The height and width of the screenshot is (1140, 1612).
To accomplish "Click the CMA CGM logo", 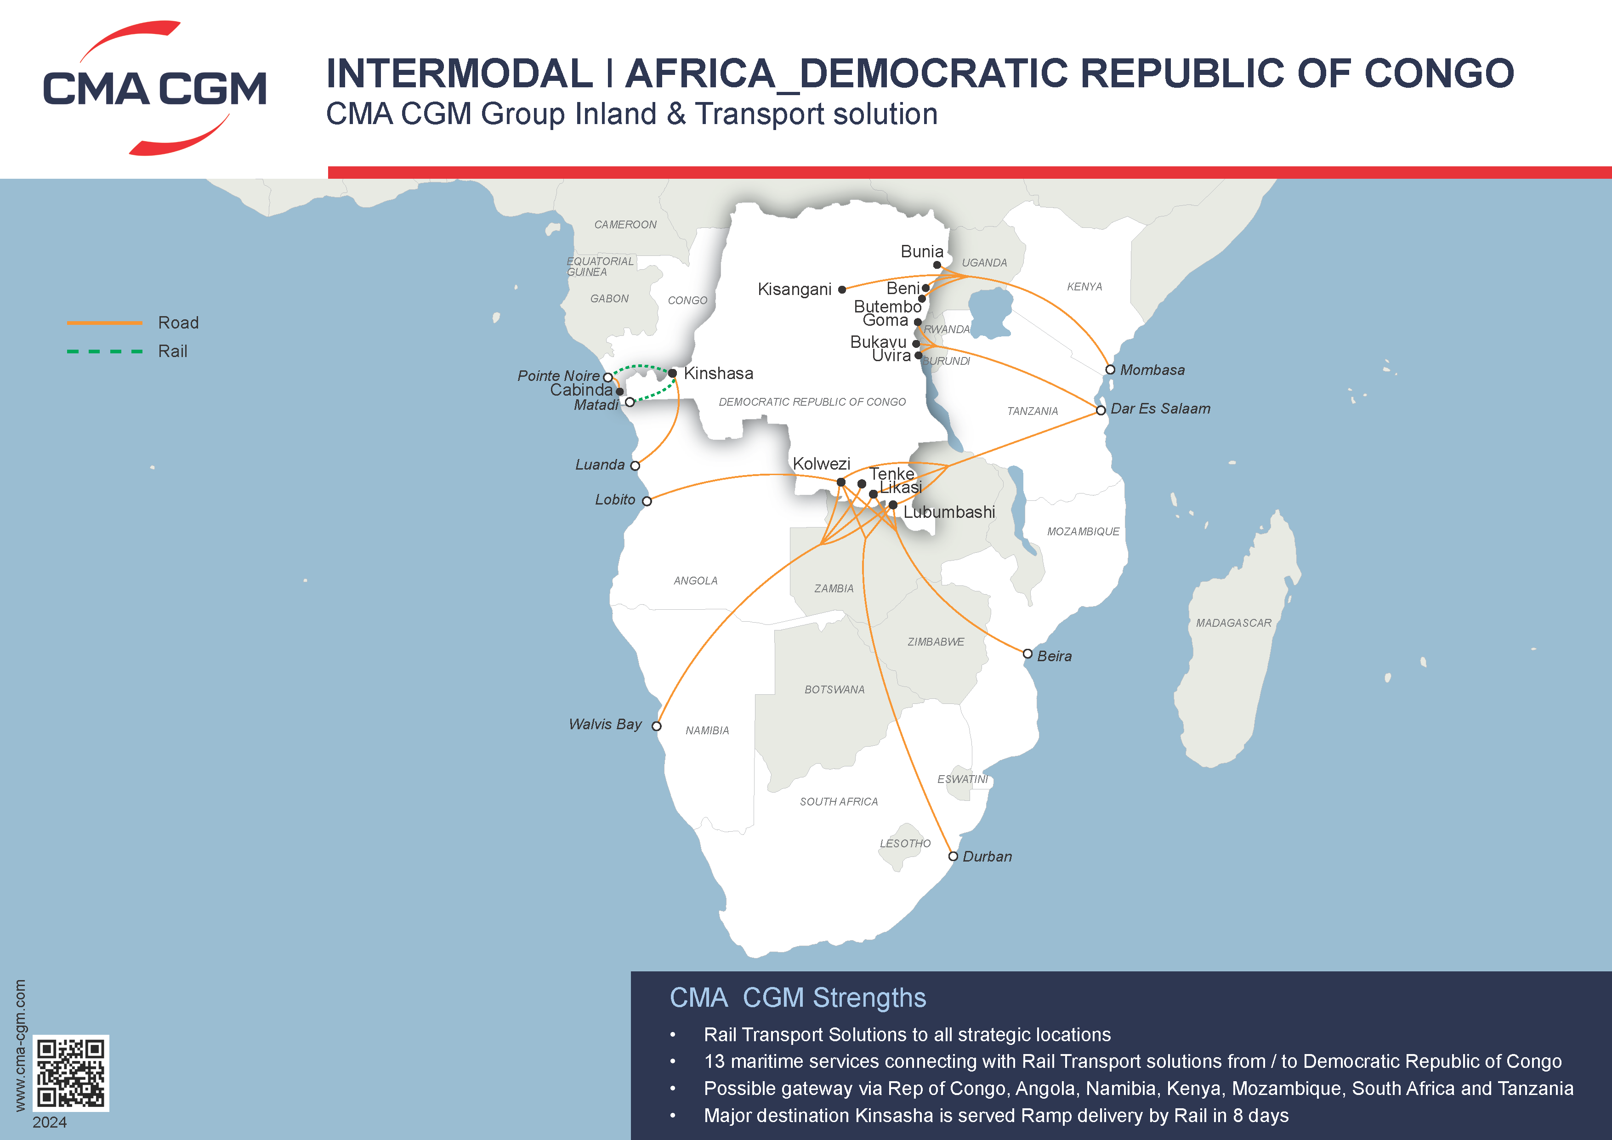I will pyautogui.click(x=154, y=88).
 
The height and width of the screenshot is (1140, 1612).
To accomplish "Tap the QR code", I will pyautogui.click(x=71, y=1072).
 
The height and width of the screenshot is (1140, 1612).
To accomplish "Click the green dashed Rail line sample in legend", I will pyautogui.click(x=105, y=351).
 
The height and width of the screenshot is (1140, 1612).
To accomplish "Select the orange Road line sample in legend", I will pyautogui.click(x=105, y=323).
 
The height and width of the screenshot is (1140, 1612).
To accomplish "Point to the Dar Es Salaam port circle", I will pyautogui.click(x=1101, y=410).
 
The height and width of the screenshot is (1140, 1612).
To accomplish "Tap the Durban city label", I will pyautogui.click(x=987, y=856).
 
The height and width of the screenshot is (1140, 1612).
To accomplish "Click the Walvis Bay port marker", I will pyautogui.click(x=657, y=726).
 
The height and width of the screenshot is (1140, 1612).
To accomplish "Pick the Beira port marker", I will pyautogui.click(x=1027, y=653).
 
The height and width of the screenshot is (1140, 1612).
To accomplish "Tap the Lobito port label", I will pyautogui.click(x=615, y=500).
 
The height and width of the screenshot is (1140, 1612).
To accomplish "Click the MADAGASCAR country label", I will pyautogui.click(x=1233, y=623).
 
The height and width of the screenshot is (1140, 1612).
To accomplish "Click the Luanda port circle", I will pyautogui.click(x=635, y=465).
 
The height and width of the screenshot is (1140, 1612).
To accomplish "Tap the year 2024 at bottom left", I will pyautogui.click(x=49, y=1122).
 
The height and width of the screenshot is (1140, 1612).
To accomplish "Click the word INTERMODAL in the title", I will pyautogui.click(x=460, y=74).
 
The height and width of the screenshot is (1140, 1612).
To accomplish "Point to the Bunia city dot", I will pyautogui.click(x=937, y=265).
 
